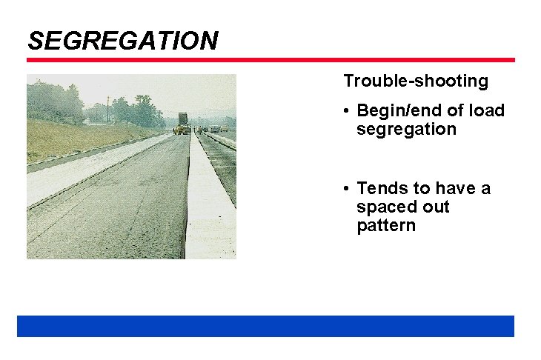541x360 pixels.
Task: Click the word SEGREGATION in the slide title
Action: pos(122,40)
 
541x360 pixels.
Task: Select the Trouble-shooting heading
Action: pos(415,81)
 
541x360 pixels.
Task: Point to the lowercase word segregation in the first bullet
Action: pos(405,130)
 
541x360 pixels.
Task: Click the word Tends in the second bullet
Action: pos(378,189)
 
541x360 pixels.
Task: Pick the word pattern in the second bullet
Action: pos(385,226)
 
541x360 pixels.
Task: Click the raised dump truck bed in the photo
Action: pos(183,119)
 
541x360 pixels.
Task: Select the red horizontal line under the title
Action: pos(270,60)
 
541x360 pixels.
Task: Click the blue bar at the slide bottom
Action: pos(265,326)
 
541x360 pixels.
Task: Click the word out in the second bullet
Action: pos(434,207)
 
